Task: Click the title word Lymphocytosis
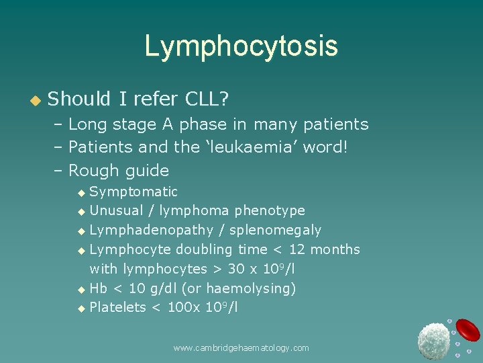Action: [x=241, y=46]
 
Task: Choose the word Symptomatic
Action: [x=133, y=192]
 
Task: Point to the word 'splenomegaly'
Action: [x=275, y=231]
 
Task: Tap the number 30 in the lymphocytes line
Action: [x=237, y=269]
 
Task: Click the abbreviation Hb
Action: [x=98, y=288]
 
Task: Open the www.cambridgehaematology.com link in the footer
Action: [x=241, y=348]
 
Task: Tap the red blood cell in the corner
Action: [x=468, y=329]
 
